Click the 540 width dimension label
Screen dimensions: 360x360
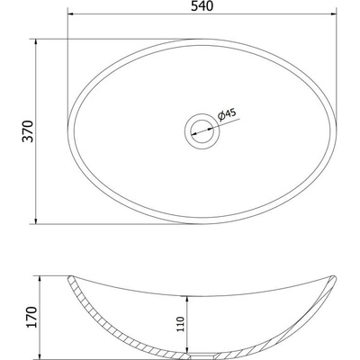coord(202,6)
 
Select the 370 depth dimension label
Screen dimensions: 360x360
coord(28,131)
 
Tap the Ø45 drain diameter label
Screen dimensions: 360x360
coord(227,114)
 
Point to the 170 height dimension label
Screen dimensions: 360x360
coord(31,317)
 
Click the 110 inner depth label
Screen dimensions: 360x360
coord(181,324)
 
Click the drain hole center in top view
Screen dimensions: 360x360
coord(202,131)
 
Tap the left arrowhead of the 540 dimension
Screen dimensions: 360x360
coord(71,13)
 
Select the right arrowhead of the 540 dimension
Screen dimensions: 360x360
coord(332,13)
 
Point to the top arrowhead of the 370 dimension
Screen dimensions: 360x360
coord(36,43)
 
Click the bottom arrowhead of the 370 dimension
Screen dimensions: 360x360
coord(36,220)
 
